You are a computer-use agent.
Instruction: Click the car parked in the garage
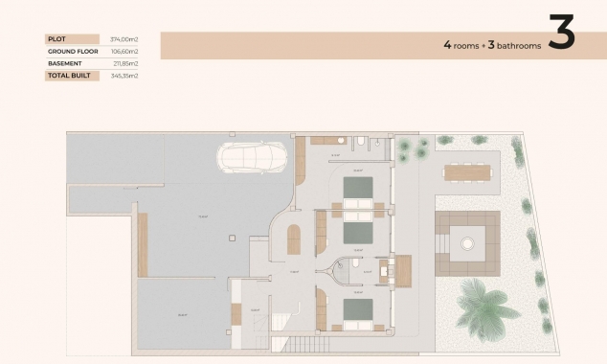click(250, 155)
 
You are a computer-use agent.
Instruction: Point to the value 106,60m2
click(124, 51)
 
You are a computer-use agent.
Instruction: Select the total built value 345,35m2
click(124, 75)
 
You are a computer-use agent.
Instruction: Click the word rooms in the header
click(467, 45)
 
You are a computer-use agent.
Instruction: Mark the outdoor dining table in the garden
click(466, 171)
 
